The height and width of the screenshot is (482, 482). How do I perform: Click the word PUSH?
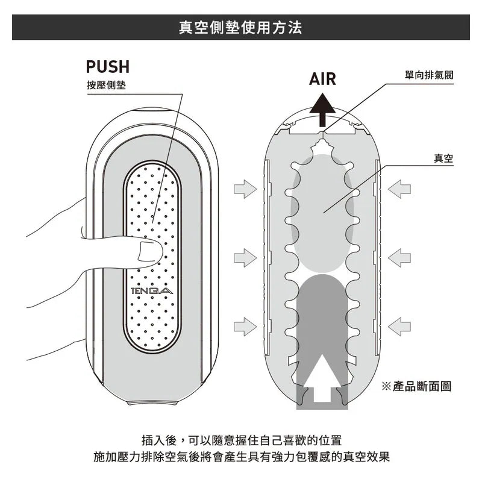(x=108, y=67)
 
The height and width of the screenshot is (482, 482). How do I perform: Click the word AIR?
(x=322, y=80)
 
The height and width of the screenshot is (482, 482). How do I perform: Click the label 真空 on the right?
(x=443, y=158)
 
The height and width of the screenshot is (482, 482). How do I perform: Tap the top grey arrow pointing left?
(x=399, y=189)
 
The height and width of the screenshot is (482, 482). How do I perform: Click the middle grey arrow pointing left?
(x=399, y=258)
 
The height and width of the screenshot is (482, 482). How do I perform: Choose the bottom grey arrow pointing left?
(x=399, y=326)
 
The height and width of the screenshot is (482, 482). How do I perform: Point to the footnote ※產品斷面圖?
(x=416, y=386)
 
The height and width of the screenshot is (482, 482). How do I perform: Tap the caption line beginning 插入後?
(x=241, y=439)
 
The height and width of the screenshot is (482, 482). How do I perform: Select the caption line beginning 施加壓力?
(x=241, y=457)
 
